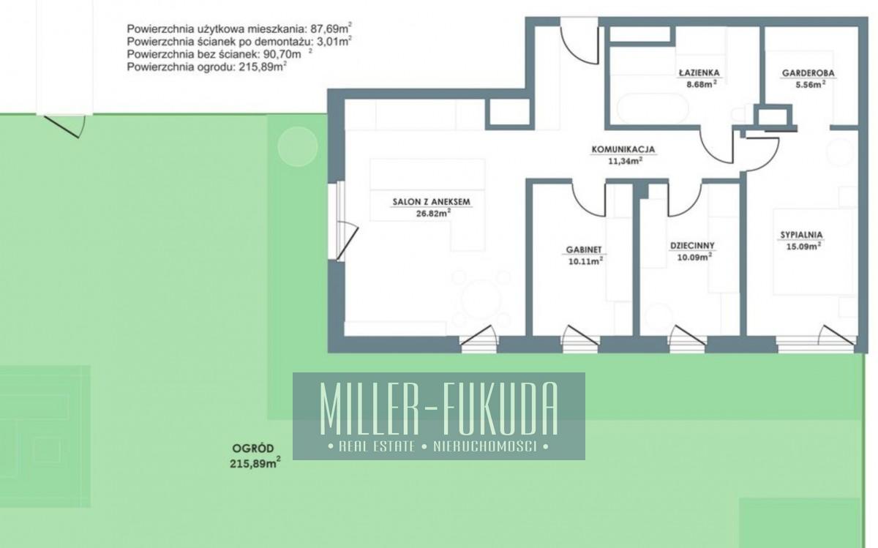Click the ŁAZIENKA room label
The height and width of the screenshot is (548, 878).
[699, 73]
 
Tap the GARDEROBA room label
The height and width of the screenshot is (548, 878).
[808, 73]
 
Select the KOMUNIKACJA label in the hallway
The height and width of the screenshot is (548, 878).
[623, 149]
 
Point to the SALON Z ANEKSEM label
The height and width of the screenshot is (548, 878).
[432, 202]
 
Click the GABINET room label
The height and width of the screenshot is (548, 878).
[584, 249]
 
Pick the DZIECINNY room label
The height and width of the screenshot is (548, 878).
[693, 245]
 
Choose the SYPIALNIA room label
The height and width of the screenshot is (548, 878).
[802, 235]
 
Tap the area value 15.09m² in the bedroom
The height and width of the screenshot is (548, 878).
[803, 246]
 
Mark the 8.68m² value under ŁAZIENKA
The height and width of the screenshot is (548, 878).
[702, 84]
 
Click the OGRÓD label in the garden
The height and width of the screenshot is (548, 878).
[253, 448]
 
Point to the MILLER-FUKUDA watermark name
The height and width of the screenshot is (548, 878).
[439, 409]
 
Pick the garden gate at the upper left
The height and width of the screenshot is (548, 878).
[64, 127]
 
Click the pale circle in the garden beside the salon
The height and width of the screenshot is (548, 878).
[298, 146]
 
